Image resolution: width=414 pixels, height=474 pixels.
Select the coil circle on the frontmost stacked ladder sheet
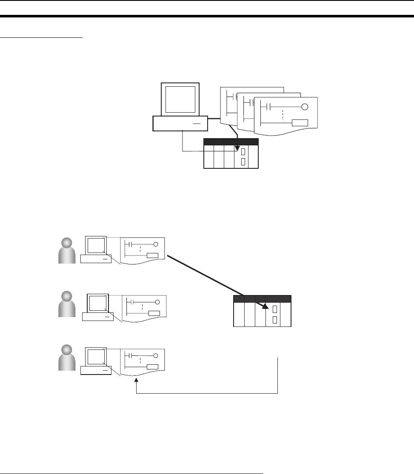(x=305, y=107)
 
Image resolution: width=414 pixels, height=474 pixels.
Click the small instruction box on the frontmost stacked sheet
(x=300, y=123)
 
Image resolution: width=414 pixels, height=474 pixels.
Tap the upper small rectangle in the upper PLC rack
(x=243, y=152)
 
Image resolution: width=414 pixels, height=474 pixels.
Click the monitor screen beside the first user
(x=96, y=245)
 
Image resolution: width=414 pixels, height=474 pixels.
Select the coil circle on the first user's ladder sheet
(x=156, y=244)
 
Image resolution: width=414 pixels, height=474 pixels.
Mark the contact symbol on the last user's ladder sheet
(x=131, y=356)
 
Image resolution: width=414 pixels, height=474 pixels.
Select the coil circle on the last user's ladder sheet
(x=156, y=356)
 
